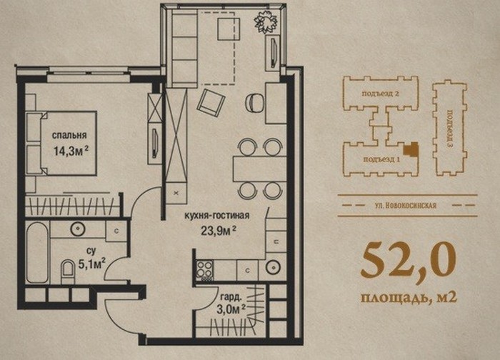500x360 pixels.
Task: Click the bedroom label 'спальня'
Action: (69, 135)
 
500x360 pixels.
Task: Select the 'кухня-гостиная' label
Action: (217, 216)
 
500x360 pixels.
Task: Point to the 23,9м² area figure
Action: (219, 230)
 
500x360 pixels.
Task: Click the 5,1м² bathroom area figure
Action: (92, 264)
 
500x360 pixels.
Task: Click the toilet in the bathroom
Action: (67, 271)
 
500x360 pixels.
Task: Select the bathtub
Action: (37, 252)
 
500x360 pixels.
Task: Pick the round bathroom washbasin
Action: (77, 229)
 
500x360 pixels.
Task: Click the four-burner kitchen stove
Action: (204, 270)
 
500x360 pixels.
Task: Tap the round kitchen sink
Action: (273, 266)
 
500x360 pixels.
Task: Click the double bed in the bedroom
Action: (61, 143)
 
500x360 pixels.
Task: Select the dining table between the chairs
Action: (259, 169)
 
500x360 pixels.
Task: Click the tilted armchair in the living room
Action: (211, 103)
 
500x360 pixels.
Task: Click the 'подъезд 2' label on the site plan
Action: (381, 94)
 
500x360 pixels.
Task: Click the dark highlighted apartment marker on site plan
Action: (411, 149)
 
